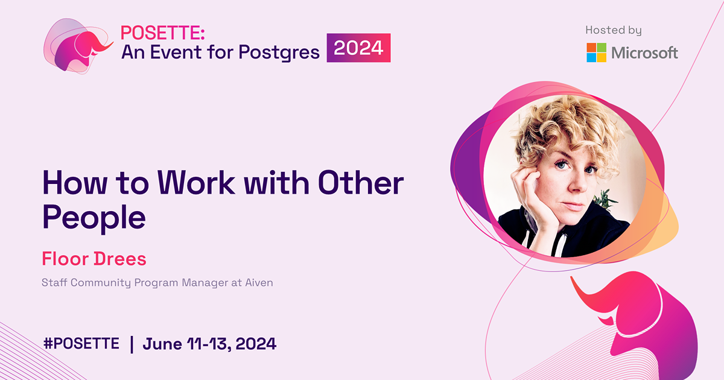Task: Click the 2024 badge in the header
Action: pyautogui.click(x=358, y=48)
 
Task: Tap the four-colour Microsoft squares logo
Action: pyautogui.click(x=596, y=52)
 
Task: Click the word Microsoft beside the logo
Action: pyautogui.click(x=644, y=53)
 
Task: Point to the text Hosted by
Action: pyautogui.click(x=613, y=30)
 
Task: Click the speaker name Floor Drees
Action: pyautogui.click(x=94, y=259)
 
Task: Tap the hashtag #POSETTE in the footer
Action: pyautogui.click(x=81, y=344)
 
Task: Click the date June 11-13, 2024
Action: pyautogui.click(x=209, y=344)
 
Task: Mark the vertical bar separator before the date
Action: pyautogui.click(x=132, y=344)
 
